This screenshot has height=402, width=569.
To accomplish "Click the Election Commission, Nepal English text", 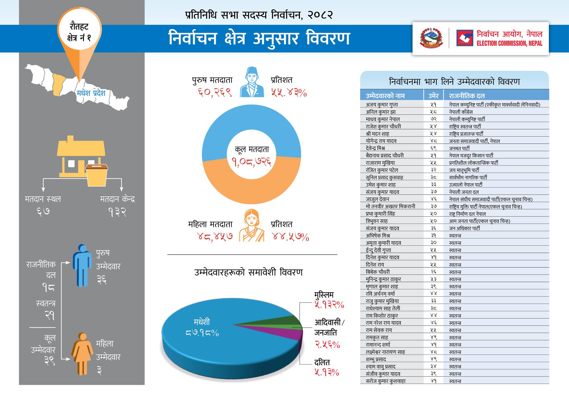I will coord(509,44).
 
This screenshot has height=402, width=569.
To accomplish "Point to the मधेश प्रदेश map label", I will coord(91,93).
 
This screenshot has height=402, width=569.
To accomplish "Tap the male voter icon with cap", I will coord(252,82).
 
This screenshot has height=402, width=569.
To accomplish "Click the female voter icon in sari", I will coord(252,225).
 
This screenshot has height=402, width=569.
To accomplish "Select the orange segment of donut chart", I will coord(252,189).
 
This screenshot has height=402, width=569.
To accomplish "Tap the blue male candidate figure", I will coord(82,265).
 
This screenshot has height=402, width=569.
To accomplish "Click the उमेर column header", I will coord(433,96).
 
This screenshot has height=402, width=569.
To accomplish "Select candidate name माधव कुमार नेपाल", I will coord(383,119).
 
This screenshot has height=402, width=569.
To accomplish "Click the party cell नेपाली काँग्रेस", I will coord(461,112).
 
